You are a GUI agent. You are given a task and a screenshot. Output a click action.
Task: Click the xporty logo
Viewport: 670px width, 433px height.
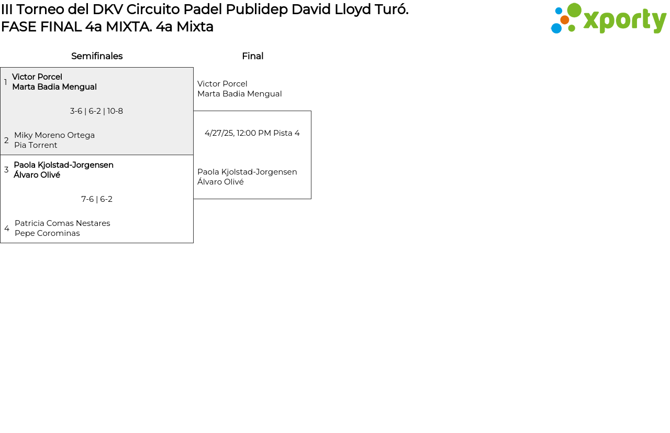pyautogui.click(x=608, y=19)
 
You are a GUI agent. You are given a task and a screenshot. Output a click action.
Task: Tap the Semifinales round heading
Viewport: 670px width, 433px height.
pyautogui.click(x=97, y=56)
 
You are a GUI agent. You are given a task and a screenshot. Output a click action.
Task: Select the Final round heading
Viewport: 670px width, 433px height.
pyautogui.click(x=252, y=56)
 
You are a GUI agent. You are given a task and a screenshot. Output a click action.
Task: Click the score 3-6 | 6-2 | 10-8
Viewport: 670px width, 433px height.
pyautogui.click(x=96, y=111)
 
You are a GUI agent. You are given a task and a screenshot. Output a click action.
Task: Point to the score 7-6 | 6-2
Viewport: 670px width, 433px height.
pyautogui.click(x=97, y=199)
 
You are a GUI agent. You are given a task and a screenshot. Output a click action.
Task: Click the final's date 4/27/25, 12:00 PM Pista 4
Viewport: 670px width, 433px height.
pyautogui.click(x=252, y=133)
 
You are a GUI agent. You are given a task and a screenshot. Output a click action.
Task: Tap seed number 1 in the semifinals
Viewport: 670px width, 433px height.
pyautogui.click(x=6, y=82)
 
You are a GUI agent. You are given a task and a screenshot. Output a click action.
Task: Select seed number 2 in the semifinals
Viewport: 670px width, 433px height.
pyautogui.click(x=6, y=140)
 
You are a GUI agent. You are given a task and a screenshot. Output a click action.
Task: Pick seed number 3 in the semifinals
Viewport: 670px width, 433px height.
pyautogui.click(x=6, y=170)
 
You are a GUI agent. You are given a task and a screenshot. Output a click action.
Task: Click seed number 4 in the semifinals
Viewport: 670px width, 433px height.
pyautogui.click(x=7, y=229)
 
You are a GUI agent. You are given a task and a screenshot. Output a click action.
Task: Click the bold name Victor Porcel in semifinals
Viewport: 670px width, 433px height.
pyautogui.click(x=37, y=77)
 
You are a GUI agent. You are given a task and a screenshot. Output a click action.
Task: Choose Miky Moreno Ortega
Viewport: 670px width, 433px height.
pyautogui.click(x=54, y=135)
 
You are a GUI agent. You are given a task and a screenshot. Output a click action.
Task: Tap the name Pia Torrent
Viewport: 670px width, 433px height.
pyautogui.click(x=36, y=145)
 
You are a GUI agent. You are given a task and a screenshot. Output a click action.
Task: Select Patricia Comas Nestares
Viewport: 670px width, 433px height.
pyautogui.click(x=62, y=223)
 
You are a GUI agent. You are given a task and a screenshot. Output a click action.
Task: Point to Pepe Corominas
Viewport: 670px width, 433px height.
pyautogui.click(x=47, y=233)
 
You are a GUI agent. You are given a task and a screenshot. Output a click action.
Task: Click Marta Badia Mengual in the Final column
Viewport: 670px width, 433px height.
pyautogui.click(x=239, y=94)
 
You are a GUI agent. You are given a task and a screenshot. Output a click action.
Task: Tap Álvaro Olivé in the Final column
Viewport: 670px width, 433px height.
pyautogui.click(x=220, y=182)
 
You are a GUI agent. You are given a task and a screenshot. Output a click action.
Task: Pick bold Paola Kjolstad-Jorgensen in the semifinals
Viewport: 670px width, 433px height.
pyautogui.click(x=63, y=165)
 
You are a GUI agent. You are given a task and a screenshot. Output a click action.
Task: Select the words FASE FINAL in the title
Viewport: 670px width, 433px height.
pyautogui.click(x=41, y=27)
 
